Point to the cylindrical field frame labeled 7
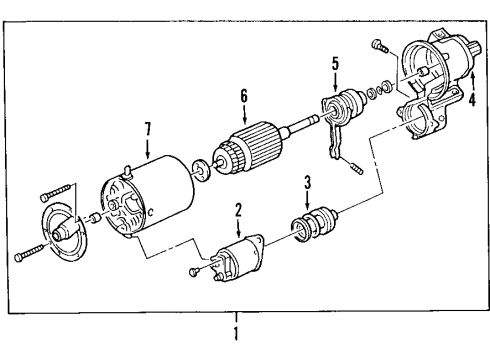point(150,196)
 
